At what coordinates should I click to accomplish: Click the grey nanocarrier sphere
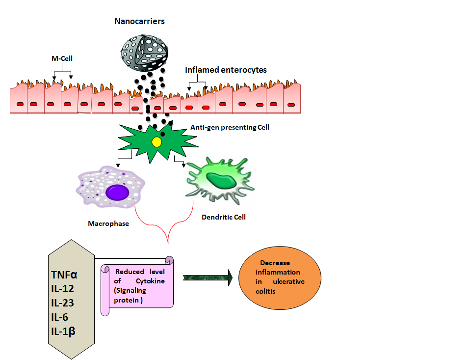point(145,51)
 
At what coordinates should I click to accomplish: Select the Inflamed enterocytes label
point(226,70)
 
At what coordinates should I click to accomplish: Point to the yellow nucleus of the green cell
point(157,142)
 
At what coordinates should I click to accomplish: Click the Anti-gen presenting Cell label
point(230,127)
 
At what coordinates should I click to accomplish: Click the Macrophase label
point(108,224)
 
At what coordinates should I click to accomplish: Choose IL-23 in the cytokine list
point(63,303)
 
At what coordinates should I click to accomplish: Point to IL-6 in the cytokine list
point(60,317)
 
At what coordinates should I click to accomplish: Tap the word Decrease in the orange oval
point(275,263)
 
